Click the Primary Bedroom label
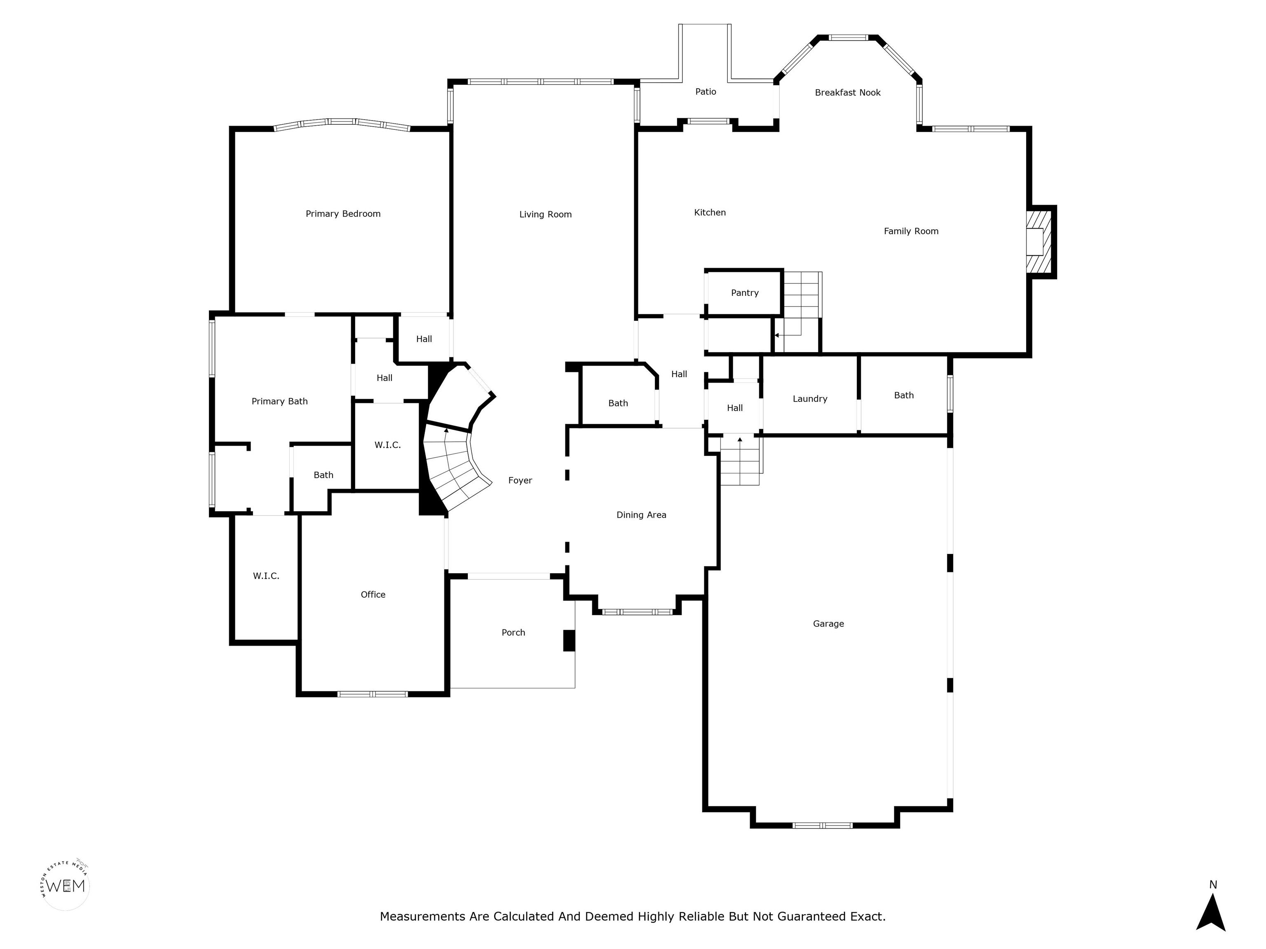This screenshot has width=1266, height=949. [343, 214]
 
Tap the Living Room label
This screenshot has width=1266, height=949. [546, 215]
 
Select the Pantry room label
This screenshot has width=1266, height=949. [745, 293]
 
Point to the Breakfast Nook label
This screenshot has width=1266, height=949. [848, 93]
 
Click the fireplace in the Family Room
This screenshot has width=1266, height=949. [1039, 242]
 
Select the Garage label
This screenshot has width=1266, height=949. [828, 624]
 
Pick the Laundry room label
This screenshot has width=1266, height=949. [810, 399]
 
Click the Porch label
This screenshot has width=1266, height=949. [513, 633]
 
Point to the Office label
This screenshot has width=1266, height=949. [373, 595]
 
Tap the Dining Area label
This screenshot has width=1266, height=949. [641, 515]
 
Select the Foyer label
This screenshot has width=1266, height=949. [520, 481]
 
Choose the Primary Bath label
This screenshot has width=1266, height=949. [280, 402]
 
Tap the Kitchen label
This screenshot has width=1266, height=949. [710, 213]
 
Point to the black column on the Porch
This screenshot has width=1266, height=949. [569, 640]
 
